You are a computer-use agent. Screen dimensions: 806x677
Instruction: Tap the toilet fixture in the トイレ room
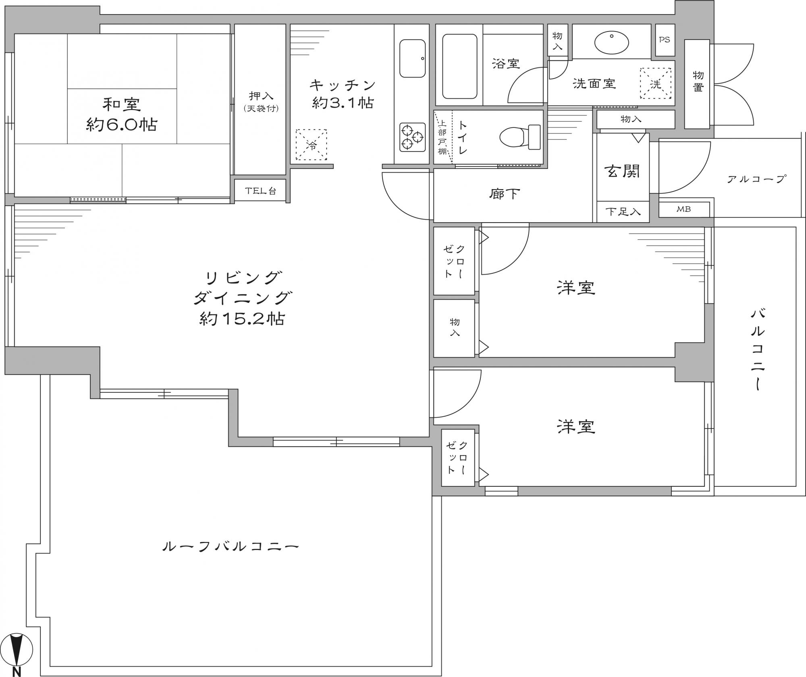click(x=520, y=136)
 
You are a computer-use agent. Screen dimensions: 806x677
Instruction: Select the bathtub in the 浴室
click(x=459, y=67)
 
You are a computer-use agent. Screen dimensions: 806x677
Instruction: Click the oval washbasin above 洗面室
click(x=611, y=42)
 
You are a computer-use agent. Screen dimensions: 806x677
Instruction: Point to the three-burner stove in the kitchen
click(x=412, y=137)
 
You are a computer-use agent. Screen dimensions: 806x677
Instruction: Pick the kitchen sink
click(x=412, y=58)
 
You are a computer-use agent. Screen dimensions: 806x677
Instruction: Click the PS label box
click(x=665, y=40)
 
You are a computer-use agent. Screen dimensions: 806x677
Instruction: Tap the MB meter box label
click(x=683, y=209)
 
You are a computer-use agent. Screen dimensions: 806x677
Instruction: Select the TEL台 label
click(x=261, y=191)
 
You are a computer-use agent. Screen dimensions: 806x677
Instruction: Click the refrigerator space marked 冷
click(x=312, y=145)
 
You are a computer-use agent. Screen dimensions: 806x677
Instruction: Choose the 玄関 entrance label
click(x=623, y=171)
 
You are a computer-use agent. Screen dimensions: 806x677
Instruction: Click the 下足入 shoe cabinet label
click(x=623, y=212)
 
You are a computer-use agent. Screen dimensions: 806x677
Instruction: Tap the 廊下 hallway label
click(x=505, y=194)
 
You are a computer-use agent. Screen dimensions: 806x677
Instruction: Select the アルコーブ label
click(x=756, y=179)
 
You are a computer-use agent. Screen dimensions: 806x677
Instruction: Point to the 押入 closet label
click(x=261, y=96)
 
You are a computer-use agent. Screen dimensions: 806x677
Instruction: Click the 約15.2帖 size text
click(x=242, y=319)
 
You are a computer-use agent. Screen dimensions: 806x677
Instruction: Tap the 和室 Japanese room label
click(x=122, y=104)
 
